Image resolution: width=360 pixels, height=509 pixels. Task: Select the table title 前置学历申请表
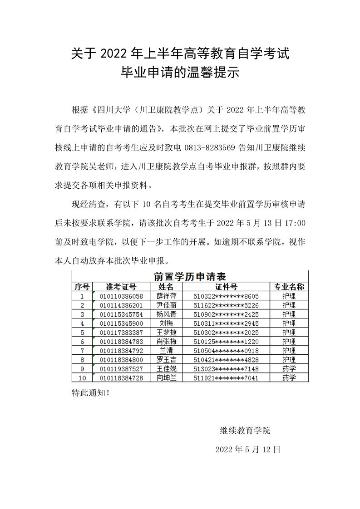tap(190, 277)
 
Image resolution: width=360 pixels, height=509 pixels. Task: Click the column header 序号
tap(82, 287)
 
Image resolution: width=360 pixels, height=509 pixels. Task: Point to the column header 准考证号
tap(121, 287)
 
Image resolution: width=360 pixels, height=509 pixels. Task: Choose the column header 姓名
tap(166, 287)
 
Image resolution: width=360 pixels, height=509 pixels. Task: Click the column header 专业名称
tap(289, 287)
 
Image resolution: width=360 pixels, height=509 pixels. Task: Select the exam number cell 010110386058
tap(121, 296)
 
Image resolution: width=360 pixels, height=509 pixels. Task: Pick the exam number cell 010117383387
tap(121, 333)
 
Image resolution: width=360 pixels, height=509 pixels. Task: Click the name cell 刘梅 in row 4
tap(166, 323)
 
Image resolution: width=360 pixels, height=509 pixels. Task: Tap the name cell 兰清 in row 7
tap(166, 351)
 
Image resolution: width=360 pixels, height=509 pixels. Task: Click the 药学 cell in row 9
tap(289, 369)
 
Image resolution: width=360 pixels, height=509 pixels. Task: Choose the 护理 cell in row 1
tap(289, 296)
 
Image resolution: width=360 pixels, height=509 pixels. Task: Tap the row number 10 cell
tap(82, 378)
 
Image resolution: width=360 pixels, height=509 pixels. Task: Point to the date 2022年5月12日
tap(248, 450)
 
